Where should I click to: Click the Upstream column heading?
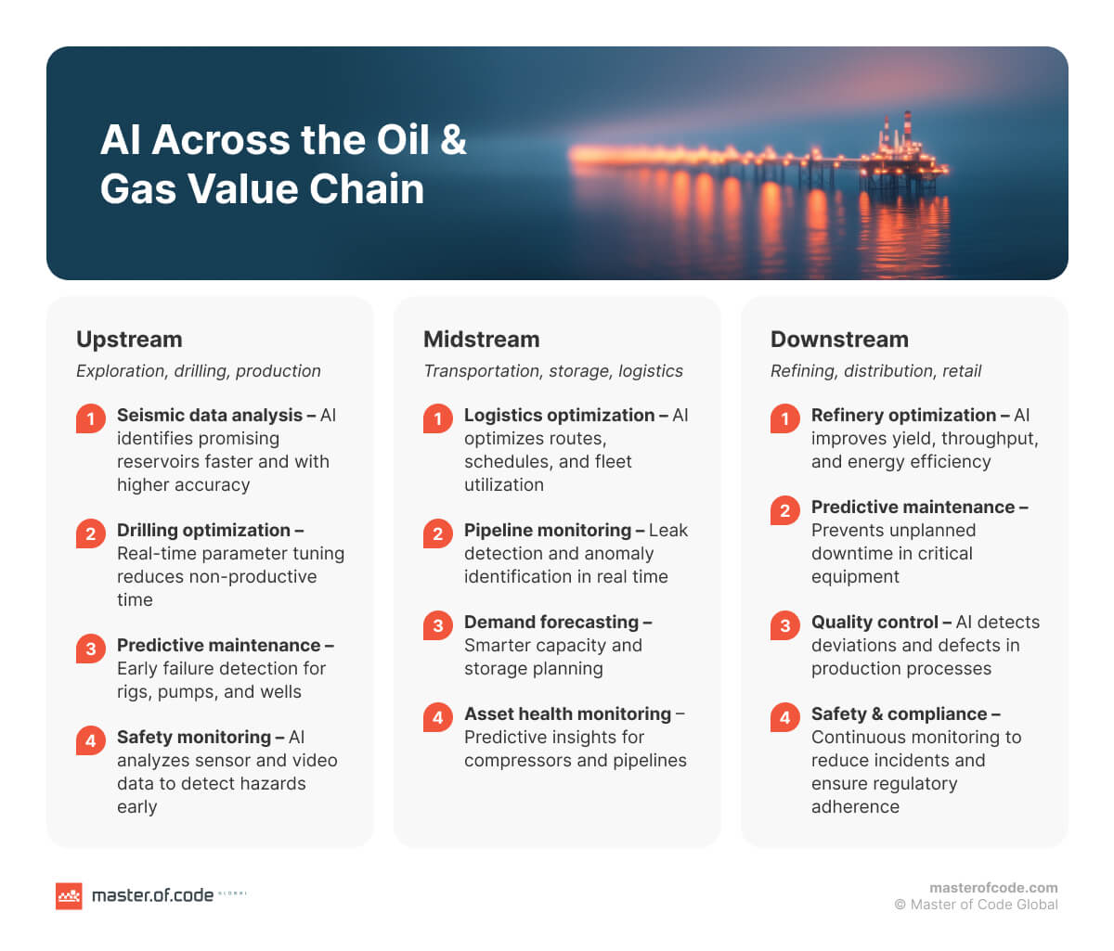129,340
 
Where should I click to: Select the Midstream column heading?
481,340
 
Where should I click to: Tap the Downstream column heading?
839,340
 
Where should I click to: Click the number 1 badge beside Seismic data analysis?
90,418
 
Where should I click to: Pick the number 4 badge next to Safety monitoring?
90,740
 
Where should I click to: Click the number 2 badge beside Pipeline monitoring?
437,533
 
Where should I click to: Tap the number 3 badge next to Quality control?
784,625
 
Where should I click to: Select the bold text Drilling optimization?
203,531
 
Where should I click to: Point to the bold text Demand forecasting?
551,623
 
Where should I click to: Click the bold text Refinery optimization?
903,416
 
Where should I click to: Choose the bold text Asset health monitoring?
567,714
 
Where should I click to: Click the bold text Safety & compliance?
899,714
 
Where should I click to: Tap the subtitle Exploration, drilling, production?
198,371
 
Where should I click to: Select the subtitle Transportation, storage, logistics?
552,371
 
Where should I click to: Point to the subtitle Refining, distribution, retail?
875,371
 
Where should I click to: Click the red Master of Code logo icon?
69,895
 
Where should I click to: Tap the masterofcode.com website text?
993,888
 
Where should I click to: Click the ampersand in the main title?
453,140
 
